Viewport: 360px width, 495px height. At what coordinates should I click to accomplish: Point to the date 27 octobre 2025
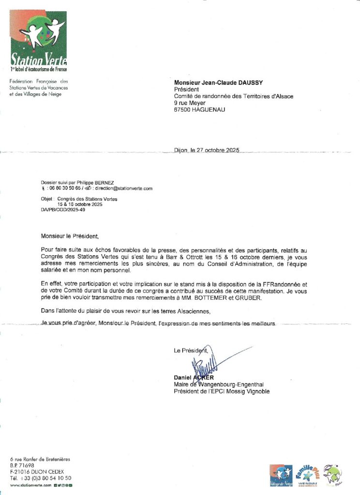point(215,150)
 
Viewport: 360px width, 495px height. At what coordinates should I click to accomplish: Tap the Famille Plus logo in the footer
point(307,475)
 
